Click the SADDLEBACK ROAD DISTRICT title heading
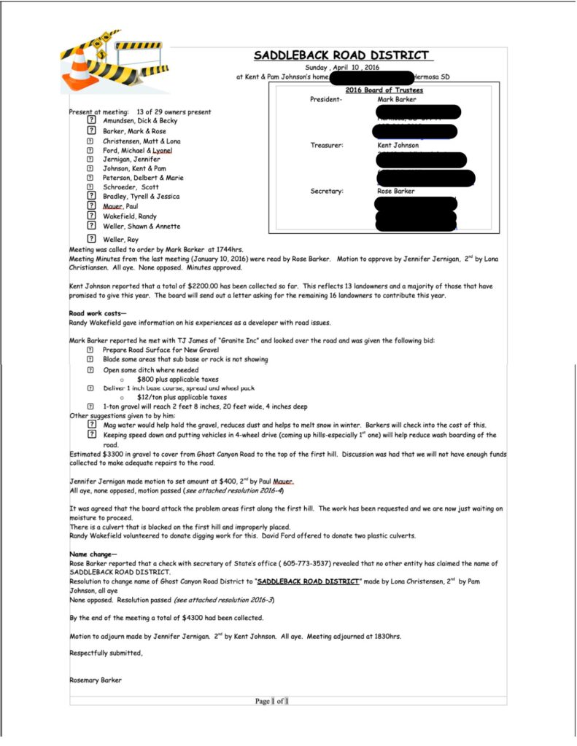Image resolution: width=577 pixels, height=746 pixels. tap(341, 55)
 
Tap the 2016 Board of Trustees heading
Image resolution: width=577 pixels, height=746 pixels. tap(384, 90)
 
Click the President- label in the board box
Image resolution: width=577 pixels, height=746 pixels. tap(326, 99)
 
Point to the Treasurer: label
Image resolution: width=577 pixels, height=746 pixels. tap(327, 145)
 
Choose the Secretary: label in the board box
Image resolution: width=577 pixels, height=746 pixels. tap(326, 192)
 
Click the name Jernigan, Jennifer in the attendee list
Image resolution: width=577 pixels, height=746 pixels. tap(131, 159)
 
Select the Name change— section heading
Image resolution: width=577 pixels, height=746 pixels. tap(93, 554)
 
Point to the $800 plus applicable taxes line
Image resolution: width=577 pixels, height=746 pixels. tap(177, 380)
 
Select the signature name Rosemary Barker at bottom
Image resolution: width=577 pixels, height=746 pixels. tap(95, 680)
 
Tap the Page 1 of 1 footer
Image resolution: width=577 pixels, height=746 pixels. tap(272, 701)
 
